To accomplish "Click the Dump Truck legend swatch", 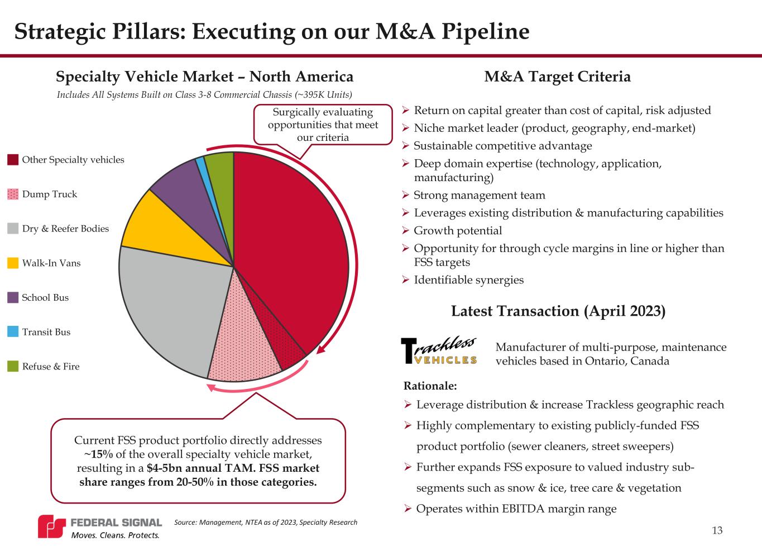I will (x=13, y=195).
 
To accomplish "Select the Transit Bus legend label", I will (x=46, y=332).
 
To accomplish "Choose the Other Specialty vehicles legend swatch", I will (x=13, y=160).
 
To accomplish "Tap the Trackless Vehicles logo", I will (x=439, y=351).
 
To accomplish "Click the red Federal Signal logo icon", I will (x=51, y=526).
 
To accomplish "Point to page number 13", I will (x=717, y=530).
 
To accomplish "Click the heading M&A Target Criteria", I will (x=557, y=77).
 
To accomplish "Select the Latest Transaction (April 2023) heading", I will (x=558, y=311).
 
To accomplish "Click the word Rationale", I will (x=429, y=386).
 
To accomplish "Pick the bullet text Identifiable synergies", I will (x=468, y=280).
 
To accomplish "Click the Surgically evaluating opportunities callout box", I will (x=323, y=125).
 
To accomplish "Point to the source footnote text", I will (x=265, y=523).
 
